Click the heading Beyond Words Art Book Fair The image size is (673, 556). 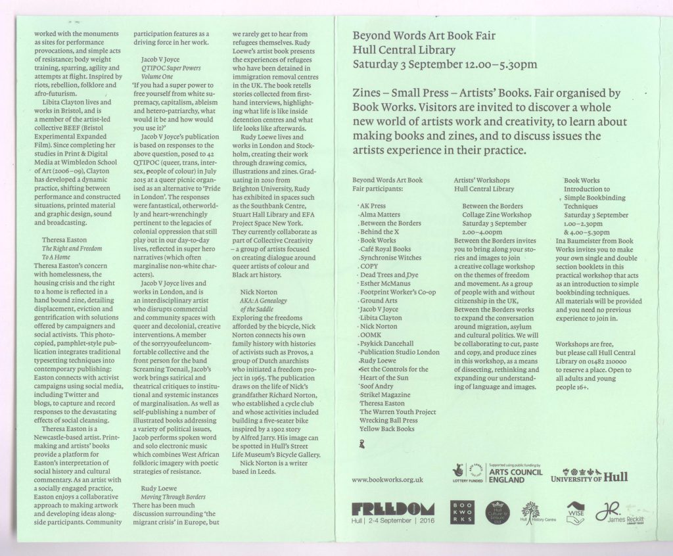(424, 35)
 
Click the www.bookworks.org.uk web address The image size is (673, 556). (388, 480)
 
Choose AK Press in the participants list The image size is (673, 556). (373, 206)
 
